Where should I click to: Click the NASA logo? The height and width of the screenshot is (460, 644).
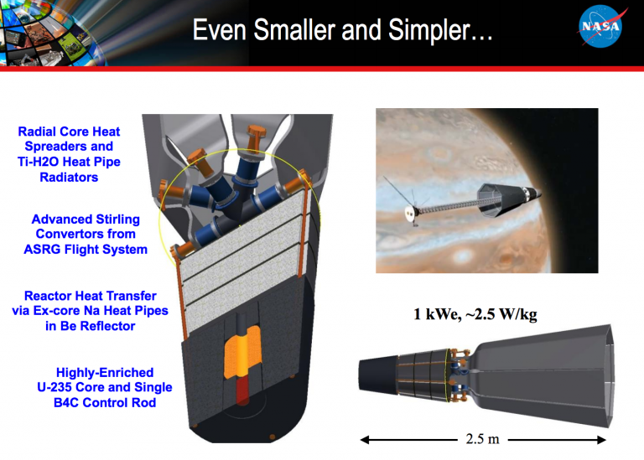point(601,28)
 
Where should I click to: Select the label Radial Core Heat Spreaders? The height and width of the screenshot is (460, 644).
point(70,138)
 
